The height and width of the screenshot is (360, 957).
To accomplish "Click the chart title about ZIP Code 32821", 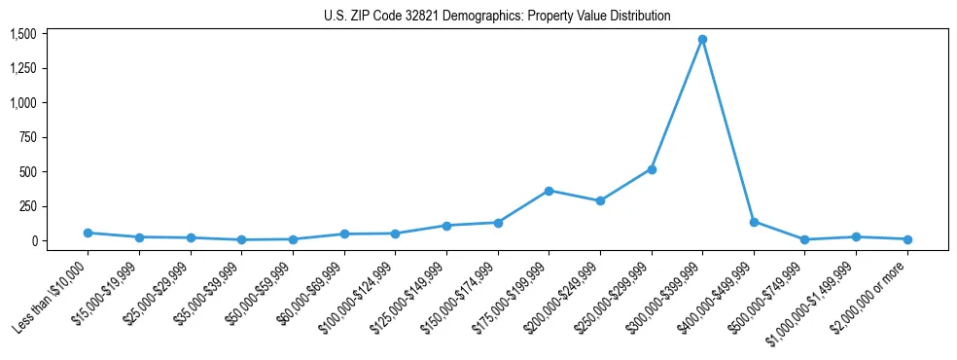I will coord(497,16).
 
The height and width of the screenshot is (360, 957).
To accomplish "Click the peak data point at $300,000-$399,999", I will coord(702,40).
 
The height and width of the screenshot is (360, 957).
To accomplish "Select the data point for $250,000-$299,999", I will coord(652,169).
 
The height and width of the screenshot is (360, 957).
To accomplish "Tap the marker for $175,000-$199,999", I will coord(549,191).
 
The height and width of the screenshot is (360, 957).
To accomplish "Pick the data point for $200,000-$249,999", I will coord(600,201).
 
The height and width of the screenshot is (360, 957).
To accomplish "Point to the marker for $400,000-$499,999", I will coord(754,222).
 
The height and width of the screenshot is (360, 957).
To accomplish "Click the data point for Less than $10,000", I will coord(88,233).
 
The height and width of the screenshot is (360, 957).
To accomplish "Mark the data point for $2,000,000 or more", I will coord(907,239).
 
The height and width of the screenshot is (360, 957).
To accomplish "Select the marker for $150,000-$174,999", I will coord(498,223).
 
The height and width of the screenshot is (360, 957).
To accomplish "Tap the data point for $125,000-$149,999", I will coord(446,226).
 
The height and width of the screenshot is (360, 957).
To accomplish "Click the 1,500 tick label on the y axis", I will coord(23,34).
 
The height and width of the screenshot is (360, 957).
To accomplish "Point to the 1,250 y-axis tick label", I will coord(23,68).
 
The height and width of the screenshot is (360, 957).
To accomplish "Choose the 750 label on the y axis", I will coord(27,137).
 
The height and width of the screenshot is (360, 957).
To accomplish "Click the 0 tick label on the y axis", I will coord(33,241).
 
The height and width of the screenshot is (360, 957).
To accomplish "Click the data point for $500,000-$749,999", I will coord(804,239).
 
